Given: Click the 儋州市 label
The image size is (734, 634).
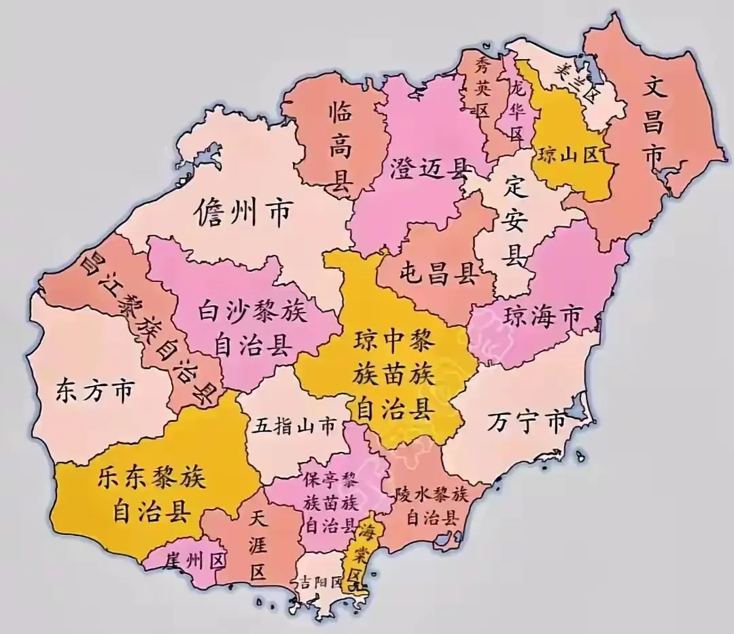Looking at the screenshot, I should [x=243, y=213].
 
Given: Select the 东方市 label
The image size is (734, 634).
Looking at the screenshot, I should [x=94, y=392].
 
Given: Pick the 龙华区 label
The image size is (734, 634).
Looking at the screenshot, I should [x=517, y=109].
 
